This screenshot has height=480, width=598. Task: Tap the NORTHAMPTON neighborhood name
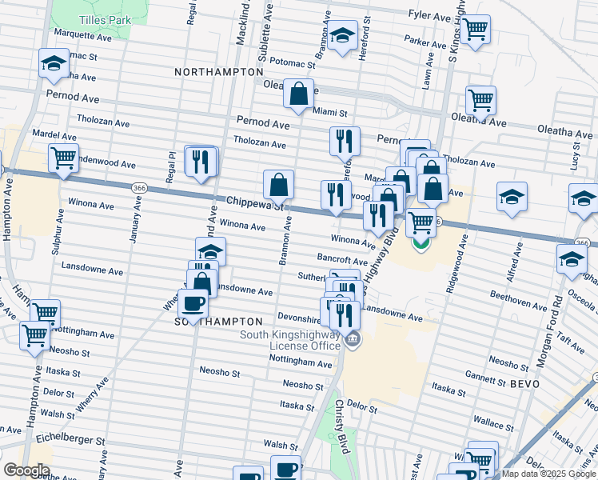tap(213, 72)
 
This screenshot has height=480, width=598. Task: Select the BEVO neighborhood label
tap(524, 384)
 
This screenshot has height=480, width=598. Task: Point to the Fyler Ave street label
tap(429, 15)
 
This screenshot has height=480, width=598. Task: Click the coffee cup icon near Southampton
tap(193, 303)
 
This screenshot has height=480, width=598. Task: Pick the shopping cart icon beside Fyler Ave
tap(475, 28)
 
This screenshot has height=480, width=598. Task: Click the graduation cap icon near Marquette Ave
tap(54, 63)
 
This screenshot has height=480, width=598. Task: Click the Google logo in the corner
tap(26, 470)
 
